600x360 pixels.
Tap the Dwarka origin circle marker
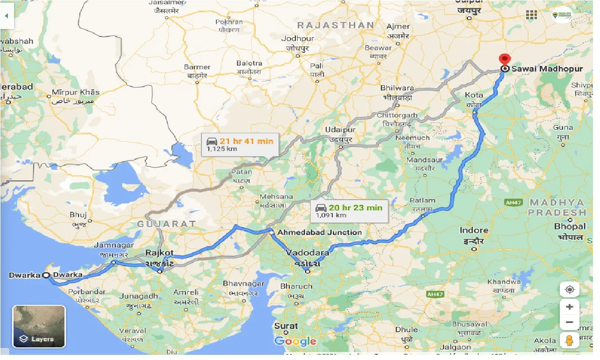[46, 275]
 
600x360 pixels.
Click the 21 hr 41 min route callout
[240, 144]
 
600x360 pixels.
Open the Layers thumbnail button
[39, 326]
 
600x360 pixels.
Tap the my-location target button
[569, 289]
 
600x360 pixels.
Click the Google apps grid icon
[531, 15]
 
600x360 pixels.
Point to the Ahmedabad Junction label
[319, 232]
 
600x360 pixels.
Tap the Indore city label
[474, 230]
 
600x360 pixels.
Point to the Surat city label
[286, 326]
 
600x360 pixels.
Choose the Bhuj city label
[78, 215]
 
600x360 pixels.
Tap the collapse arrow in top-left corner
[7, 15]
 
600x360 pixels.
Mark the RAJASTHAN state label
[336, 25]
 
